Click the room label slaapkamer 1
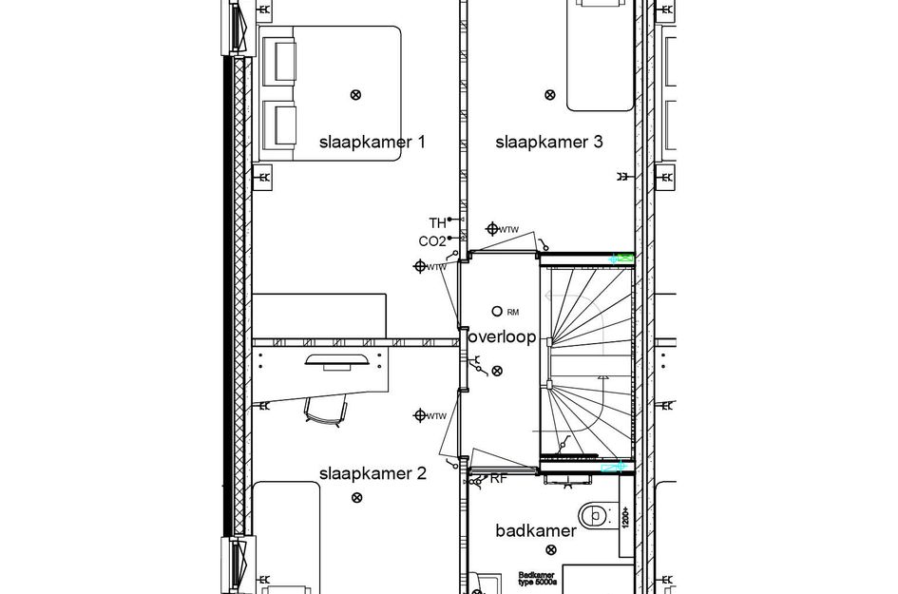click(372, 143)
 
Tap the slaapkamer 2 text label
click(373, 473)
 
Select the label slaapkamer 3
click(549, 143)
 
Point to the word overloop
click(502, 337)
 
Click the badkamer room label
click(536, 531)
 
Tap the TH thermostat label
click(437, 222)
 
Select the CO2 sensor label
click(431, 241)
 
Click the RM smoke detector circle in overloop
click(497, 311)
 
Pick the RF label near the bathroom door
click(498, 479)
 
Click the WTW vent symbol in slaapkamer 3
click(492, 229)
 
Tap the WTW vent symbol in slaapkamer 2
click(419, 415)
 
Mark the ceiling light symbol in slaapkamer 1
click(356, 94)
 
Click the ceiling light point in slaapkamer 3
click(549, 94)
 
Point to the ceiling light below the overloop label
click(497, 372)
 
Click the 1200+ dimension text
click(625, 517)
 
